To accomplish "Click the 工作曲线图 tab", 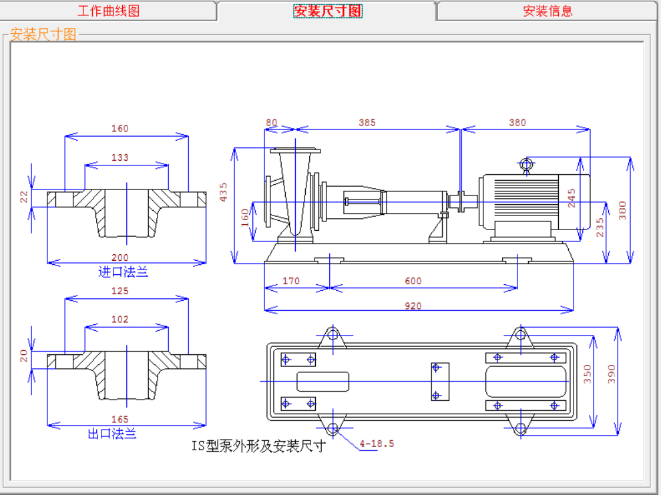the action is [x=108, y=11].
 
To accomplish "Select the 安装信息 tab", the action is [x=547, y=11].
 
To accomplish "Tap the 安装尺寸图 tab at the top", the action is [x=328, y=11].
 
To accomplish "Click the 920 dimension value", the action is [x=413, y=306].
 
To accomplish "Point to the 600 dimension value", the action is [x=413, y=281].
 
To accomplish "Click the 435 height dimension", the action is [x=223, y=191].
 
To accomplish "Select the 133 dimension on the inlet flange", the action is [x=120, y=157].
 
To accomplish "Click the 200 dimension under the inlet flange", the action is [x=120, y=258].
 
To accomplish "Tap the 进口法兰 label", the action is [x=123, y=272].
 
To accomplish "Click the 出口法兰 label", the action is [x=112, y=434].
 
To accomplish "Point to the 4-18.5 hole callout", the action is [x=377, y=444].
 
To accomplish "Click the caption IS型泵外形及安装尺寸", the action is [x=259, y=446].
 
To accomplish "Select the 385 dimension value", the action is [x=367, y=123].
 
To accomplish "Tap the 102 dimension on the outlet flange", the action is [x=120, y=320].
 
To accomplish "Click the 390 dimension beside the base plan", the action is [x=611, y=374].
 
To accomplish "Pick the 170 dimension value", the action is [x=291, y=281].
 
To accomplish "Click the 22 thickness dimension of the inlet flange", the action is [x=23, y=197].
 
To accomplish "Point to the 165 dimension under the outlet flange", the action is [x=120, y=419].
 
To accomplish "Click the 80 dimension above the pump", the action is [x=272, y=123].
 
